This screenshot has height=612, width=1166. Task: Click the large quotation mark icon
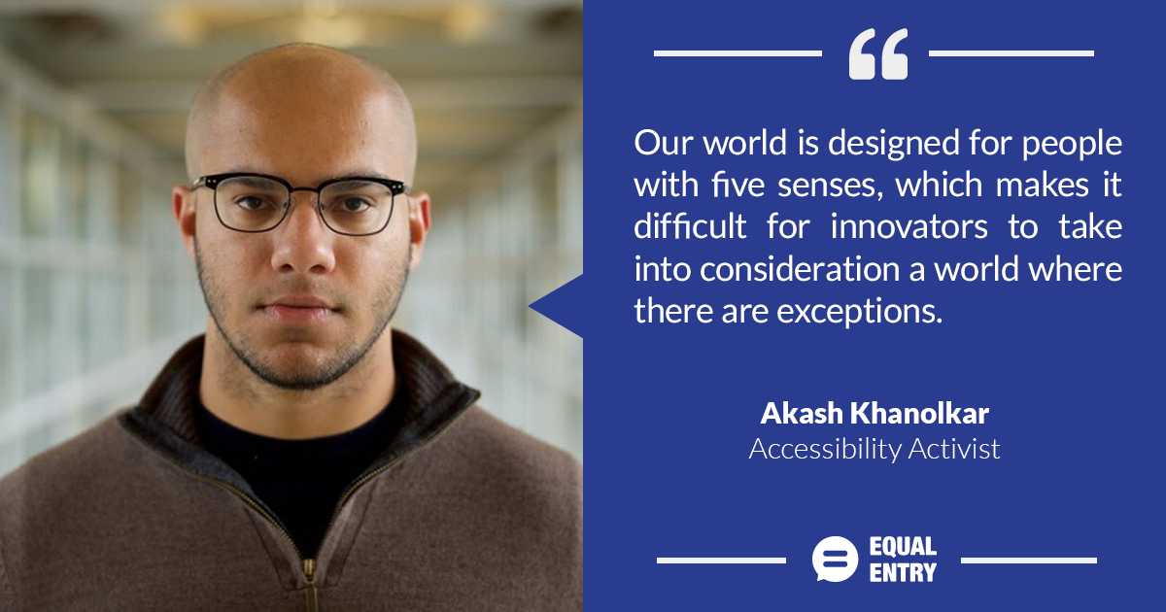878,53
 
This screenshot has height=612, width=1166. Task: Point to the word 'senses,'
830,187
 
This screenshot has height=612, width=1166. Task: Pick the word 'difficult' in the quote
690,226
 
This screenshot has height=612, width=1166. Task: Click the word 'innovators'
909,227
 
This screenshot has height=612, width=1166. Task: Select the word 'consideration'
800,269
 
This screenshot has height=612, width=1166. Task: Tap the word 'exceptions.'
859,312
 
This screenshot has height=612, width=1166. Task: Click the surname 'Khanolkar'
919,413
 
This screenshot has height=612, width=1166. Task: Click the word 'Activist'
954,449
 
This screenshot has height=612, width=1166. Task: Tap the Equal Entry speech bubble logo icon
835,559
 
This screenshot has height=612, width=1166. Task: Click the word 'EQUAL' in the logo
903,546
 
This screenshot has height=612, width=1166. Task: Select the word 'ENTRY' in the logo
903,572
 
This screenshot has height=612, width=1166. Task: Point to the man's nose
303,245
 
